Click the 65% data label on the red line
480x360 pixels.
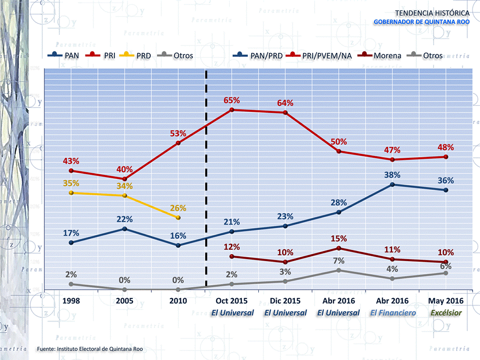[x=232, y=100]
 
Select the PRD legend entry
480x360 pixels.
[x=139, y=55]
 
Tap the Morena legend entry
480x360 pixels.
[x=383, y=55]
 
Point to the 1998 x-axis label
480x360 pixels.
[x=71, y=301]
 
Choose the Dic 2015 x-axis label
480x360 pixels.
[x=285, y=301]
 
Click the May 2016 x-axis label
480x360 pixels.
[x=446, y=301]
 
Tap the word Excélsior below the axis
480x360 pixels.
[x=446, y=313]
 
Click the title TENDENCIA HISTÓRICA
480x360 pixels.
[x=432, y=12]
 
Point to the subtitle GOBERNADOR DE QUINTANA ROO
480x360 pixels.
[x=422, y=22]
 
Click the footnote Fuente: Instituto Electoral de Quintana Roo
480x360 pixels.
[x=93, y=348]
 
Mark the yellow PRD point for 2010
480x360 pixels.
[x=178, y=218]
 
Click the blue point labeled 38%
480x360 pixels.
[x=392, y=184]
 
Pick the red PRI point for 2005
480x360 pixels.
[x=125, y=179]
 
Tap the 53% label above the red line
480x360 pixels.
[x=178, y=134]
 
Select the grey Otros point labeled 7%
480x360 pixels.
[x=339, y=270]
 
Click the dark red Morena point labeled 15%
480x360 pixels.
[x=339, y=248]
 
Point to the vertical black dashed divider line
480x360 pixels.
[x=206, y=180]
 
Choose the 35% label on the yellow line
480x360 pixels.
[x=71, y=183]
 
